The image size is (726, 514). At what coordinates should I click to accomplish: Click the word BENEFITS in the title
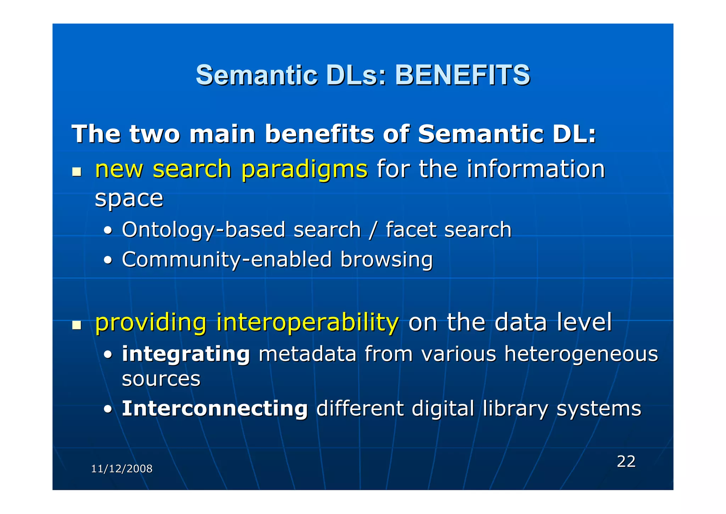462,75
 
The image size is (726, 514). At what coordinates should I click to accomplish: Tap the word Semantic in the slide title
256,75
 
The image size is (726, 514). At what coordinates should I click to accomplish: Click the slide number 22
626,461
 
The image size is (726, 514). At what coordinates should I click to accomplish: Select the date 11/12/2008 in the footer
122,469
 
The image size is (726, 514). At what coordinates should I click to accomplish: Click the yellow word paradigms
304,170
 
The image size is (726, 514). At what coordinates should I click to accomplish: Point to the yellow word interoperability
307,322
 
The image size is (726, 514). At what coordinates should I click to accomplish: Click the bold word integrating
186,354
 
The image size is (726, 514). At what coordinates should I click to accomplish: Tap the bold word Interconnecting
214,409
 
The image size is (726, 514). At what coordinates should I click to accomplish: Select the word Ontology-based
203,230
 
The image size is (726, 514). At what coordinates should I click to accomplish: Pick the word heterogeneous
581,354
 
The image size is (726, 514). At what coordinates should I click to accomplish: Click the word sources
161,379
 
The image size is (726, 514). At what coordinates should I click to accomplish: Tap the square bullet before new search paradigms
77,172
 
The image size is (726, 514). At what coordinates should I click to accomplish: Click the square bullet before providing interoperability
77,325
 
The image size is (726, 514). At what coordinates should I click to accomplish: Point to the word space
129,199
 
